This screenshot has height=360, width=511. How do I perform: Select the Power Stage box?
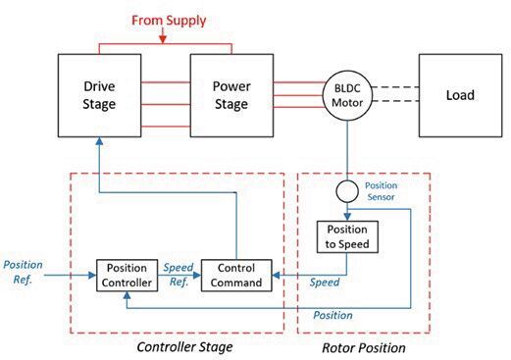coord(230,96)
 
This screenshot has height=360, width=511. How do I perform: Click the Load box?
coord(459,96)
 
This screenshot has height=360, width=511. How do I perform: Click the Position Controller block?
coord(126,275)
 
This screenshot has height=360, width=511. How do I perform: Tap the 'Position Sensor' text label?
coord(381,188)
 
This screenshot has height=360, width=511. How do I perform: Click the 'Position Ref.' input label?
coord(24,271)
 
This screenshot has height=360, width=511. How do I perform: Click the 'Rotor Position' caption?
coord(364,346)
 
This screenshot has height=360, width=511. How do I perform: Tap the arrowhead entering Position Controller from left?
coord(91,275)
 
